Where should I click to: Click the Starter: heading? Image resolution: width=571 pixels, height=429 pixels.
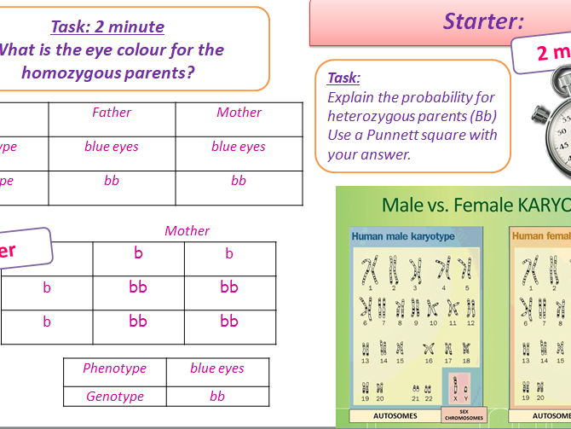[483, 21]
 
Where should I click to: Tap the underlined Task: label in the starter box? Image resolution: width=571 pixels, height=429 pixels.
[343, 78]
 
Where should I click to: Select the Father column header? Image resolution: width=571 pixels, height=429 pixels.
[112, 113]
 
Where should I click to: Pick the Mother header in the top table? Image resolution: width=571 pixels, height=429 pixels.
[239, 113]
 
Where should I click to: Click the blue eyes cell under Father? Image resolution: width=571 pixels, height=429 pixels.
[112, 147]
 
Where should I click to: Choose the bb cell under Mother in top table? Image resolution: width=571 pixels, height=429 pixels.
[239, 181]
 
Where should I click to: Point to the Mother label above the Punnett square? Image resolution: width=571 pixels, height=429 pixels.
[187, 231]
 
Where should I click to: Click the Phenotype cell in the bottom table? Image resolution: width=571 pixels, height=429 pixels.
[114, 369]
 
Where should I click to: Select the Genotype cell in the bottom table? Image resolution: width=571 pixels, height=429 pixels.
[114, 397]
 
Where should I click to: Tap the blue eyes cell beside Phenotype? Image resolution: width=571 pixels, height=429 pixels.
[216, 369]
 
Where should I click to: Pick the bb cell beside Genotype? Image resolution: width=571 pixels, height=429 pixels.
[216, 397]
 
